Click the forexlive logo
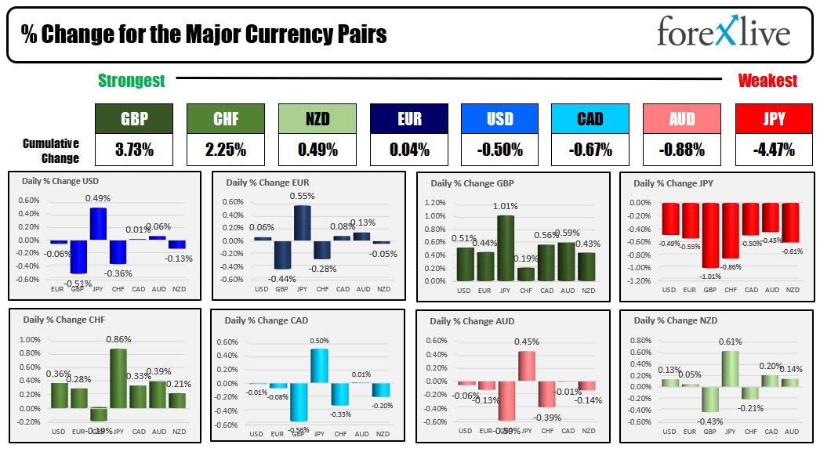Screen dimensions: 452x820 point(723,33)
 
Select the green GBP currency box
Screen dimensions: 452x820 point(134,119)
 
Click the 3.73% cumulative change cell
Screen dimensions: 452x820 point(134,149)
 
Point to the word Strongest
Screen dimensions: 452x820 point(131,81)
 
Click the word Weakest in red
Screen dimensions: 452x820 point(767,81)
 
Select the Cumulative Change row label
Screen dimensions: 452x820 point(51,150)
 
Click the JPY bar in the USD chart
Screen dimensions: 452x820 point(98,224)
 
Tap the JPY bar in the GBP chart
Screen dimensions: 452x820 point(506,248)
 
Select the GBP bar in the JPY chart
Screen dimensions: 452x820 point(710,235)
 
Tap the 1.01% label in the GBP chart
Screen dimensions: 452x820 point(506,207)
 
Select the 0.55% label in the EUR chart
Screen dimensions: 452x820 point(302,197)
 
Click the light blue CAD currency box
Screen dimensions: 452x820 point(590,119)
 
